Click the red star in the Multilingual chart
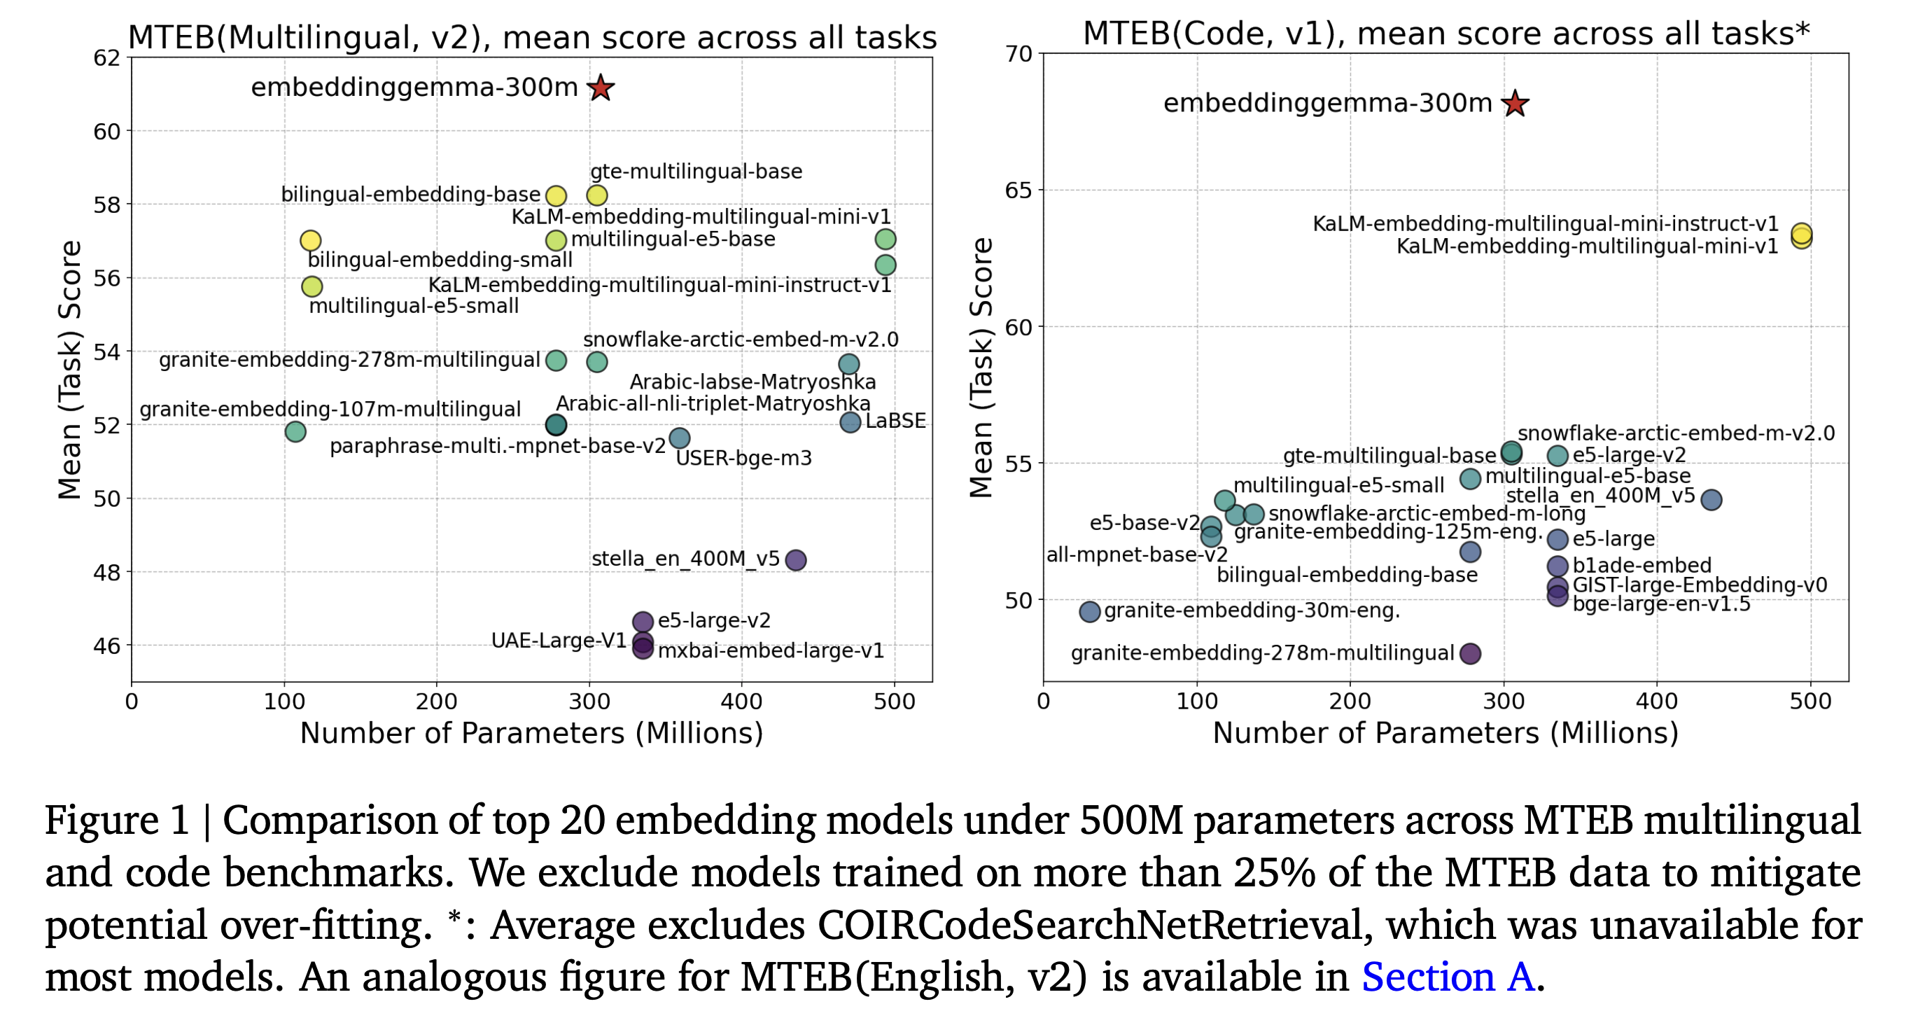tap(600, 88)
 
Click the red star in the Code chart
tap(1514, 103)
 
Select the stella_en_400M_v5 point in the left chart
tap(795, 560)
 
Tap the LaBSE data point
tap(850, 422)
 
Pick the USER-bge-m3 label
tap(743, 459)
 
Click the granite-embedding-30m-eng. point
tap(1090, 611)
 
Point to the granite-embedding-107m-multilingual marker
tap(295, 431)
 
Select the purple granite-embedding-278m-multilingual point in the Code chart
tap(1470, 653)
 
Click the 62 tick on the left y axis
tap(107, 58)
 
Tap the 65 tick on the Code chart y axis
tap(1018, 190)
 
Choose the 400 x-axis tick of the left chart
tap(742, 701)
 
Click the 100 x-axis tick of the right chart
tap(1196, 701)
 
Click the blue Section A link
tap(1448, 976)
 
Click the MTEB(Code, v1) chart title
tap(1446, 34)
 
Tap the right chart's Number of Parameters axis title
tap(1445, 733)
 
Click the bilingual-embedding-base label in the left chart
tap(410, 195)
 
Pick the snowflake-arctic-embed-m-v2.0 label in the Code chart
tap(1676, 433)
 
